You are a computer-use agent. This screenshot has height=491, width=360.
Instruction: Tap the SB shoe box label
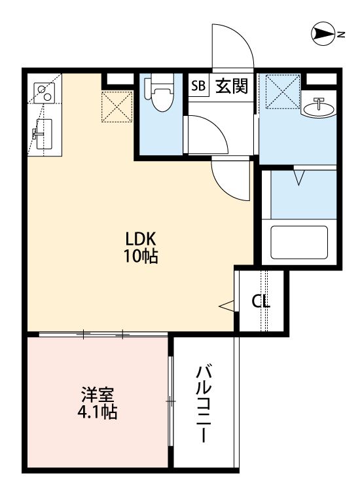[198, 86]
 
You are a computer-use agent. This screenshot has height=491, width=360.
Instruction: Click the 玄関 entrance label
[232, 86]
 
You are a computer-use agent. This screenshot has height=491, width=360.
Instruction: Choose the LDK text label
[140, 238]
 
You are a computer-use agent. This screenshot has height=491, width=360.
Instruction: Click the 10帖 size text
[140, 256]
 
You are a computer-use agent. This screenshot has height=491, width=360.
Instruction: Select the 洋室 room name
[98, 395]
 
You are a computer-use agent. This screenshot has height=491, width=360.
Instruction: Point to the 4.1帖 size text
[98, 413]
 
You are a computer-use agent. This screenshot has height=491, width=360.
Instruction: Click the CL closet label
[261, 302]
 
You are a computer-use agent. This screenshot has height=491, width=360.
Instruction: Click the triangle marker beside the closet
[226, 305]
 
